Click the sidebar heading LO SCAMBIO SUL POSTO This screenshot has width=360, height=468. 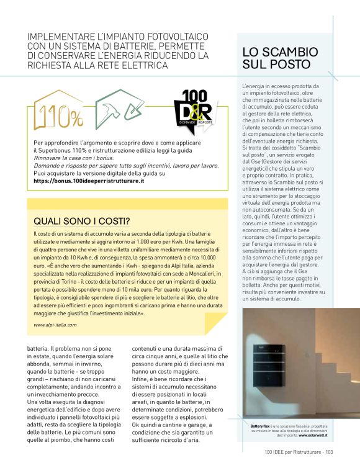[x=280, y=57]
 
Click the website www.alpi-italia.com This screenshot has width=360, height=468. [x=55, y=324]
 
